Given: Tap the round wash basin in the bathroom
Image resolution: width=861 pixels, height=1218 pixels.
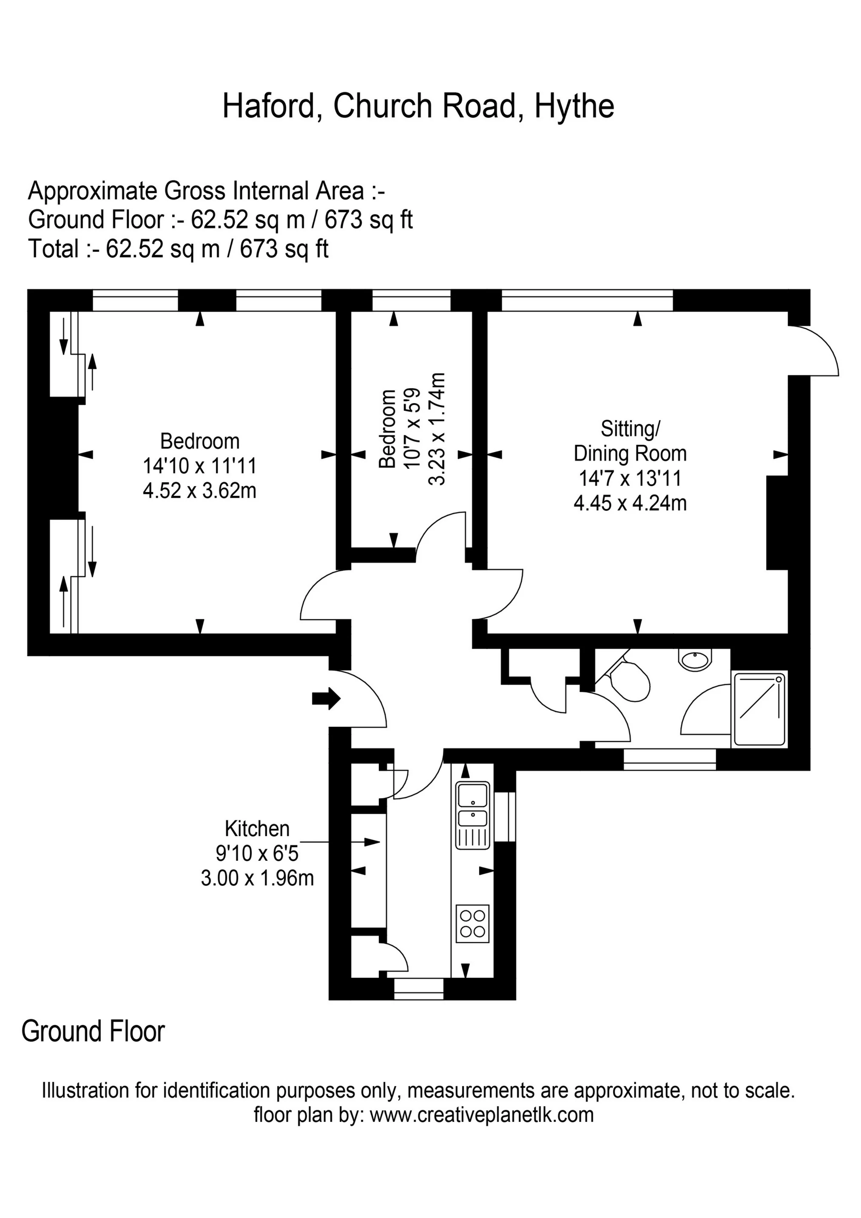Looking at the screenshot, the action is (694, 660).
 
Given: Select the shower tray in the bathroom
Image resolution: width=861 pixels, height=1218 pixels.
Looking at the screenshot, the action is (759, 709).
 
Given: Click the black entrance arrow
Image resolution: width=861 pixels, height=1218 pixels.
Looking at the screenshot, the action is (326, 699).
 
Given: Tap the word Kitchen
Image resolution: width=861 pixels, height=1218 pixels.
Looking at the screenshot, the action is (257, 828).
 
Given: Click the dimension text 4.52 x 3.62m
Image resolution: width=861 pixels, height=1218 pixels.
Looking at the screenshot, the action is (199, 491).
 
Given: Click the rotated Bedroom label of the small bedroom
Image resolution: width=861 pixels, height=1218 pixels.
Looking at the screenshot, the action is (388, 429).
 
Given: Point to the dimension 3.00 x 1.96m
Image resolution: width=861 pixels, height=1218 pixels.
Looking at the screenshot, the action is (257, 878).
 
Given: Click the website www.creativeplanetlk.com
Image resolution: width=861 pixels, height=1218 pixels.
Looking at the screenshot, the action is (482, 1115).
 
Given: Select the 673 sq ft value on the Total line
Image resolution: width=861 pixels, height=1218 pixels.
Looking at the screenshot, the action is (284, 248).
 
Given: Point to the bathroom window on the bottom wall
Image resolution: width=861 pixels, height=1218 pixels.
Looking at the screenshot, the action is (670, 759).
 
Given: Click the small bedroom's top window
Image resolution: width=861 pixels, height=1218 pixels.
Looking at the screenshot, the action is (411, 300).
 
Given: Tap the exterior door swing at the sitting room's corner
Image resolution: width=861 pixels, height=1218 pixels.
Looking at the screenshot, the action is (814, 350).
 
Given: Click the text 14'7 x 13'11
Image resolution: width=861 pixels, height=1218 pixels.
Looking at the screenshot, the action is (630, 478).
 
